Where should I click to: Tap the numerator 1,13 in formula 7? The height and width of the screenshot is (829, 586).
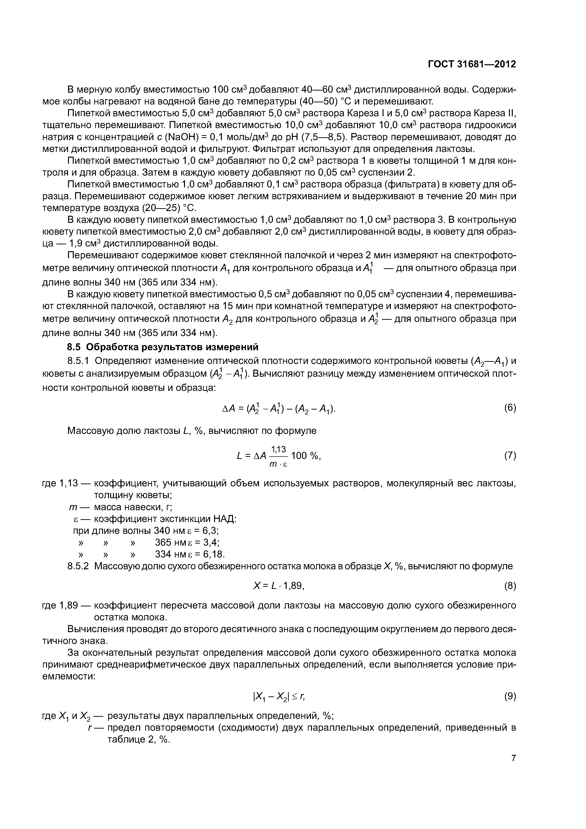point(278,449)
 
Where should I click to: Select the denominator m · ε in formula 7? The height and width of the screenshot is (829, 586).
point(278,464)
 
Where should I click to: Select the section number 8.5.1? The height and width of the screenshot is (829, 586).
point(78,361)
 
